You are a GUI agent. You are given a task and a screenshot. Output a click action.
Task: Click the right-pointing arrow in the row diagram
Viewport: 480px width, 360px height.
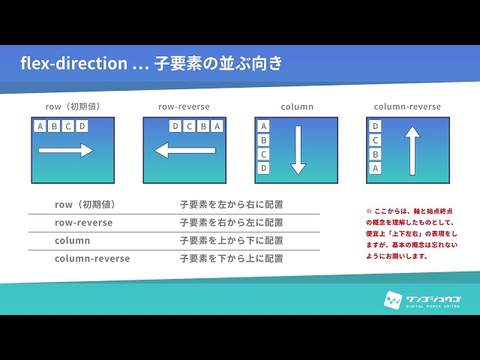[x=66, y=150]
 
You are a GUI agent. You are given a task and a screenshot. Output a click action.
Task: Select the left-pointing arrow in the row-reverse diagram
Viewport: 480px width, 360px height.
[x=184, y=150]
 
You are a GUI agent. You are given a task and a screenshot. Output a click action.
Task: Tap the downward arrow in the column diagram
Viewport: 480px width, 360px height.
[x=298, y=150]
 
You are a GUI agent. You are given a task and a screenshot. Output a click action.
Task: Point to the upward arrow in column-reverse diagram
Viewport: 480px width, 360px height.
[x=412, y=151]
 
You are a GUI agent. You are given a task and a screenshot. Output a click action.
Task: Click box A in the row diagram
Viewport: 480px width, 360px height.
[x=40, y=126]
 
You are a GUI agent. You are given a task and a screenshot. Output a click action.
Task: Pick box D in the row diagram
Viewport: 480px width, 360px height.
[x=82, y=126]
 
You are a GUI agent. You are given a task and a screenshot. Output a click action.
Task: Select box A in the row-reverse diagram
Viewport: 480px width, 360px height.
[x=217, y=126]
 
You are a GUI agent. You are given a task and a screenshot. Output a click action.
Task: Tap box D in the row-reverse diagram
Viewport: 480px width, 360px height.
[x=175, y=126]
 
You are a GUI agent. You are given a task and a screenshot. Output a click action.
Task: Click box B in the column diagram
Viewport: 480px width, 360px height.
[x=263, y=140]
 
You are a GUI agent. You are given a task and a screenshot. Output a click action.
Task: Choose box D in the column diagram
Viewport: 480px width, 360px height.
[x=263, y=168]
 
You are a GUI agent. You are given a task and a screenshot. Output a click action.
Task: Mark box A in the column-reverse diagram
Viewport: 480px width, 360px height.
[x=375, y=168]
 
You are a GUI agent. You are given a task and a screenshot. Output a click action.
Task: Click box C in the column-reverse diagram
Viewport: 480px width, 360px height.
[x=375, y=140]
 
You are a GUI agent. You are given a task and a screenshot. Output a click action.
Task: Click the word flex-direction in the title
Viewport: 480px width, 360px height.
[x=73, y=63]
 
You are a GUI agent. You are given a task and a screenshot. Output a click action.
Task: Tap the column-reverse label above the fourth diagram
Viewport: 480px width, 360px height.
[x=407, y=106]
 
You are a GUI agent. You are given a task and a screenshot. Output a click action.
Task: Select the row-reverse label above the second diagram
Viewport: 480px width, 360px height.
[x=184, y=106]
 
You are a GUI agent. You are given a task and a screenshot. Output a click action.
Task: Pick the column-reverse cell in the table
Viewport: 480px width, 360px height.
[x=92, y=258]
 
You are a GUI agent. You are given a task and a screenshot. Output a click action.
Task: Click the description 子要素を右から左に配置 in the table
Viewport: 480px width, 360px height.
[x=232, y=223]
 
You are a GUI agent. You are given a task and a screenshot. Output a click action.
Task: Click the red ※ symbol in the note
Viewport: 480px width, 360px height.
[x=369, y=211]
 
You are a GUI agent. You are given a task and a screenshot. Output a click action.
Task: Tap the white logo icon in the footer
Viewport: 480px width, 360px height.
[x=393, y=300]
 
